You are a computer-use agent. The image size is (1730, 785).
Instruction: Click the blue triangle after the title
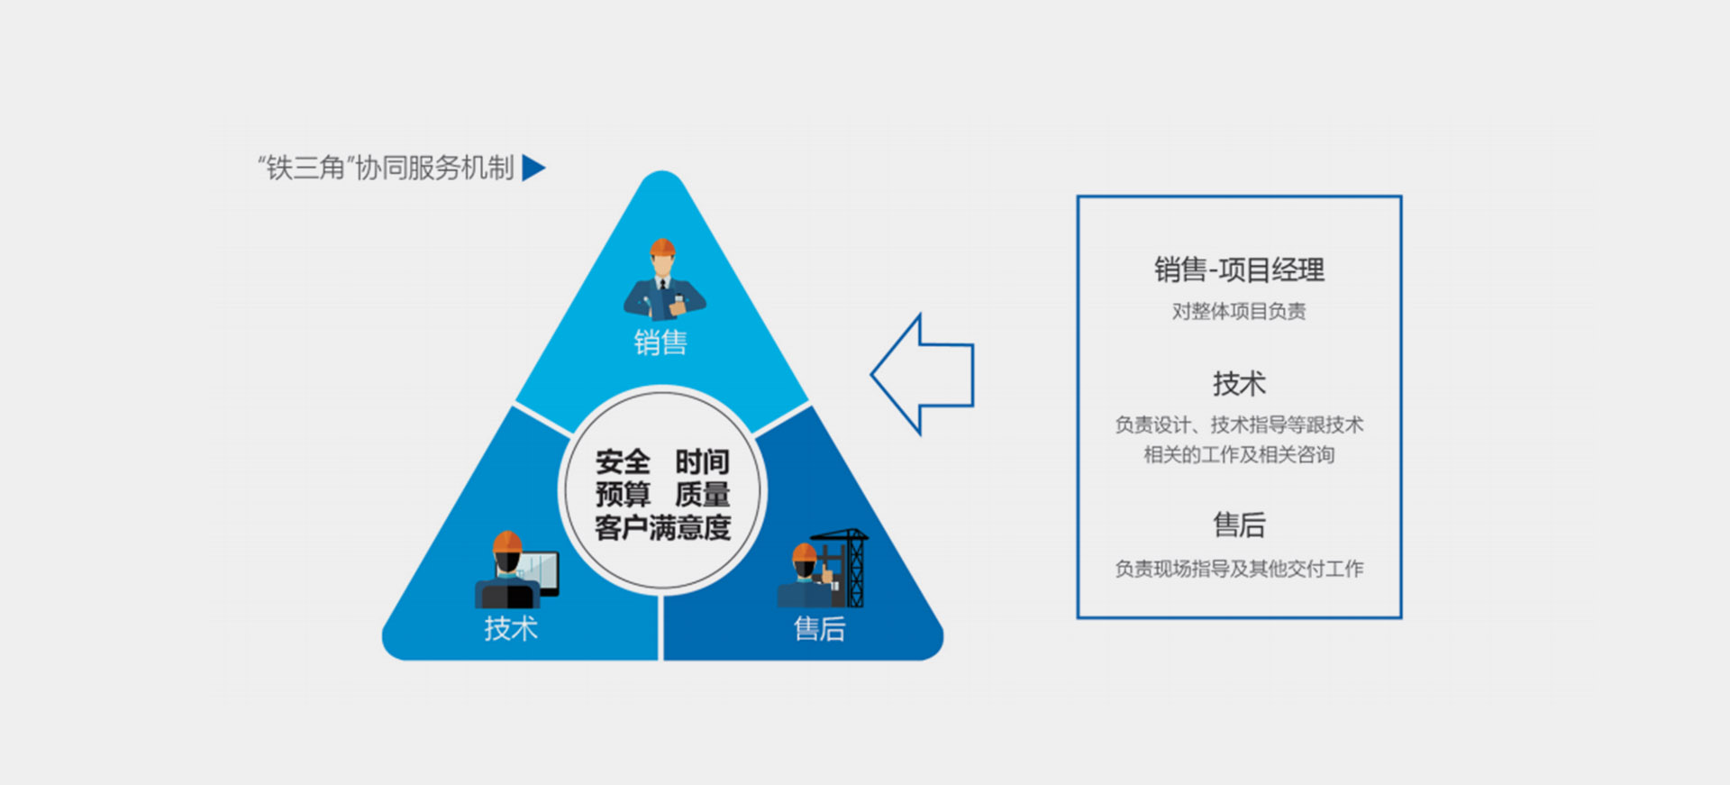(x=533, y=168)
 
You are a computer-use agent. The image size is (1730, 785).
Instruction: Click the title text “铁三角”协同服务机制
(x=386, y=168)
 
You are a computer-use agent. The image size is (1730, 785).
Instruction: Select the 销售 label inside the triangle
(x=660, y=342)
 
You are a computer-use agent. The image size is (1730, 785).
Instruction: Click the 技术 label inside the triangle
(x=511, y=628)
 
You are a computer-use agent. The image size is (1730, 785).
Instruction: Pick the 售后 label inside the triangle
(x=819, y=628)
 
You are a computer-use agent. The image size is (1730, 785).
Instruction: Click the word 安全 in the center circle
(x=622, y=462)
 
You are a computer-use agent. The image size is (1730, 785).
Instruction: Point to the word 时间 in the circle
(x=702, y=462)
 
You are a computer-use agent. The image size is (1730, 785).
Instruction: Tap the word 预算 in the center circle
(x=622, y=495)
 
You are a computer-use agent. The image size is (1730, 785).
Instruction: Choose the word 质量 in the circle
(x=702, y=495)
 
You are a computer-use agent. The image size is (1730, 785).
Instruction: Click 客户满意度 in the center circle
(x=662, y=527)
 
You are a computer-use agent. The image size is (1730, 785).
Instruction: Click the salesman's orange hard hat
(x=662, y=247)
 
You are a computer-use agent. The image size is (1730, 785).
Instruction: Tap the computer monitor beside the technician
(x=539, y=570)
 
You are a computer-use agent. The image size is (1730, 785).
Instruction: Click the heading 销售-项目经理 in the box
(x=1239, y=269)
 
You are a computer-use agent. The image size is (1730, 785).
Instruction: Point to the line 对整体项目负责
(x=1239, y=312)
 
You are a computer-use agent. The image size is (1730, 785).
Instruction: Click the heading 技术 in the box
(x=1239, y=384)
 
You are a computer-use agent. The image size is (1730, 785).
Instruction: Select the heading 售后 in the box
(x=1239, y=525)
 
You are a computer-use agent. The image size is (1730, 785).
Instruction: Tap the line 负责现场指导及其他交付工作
(x=1239, y=569)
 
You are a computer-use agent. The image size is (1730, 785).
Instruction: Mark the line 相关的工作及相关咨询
(x=1239, y=455)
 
